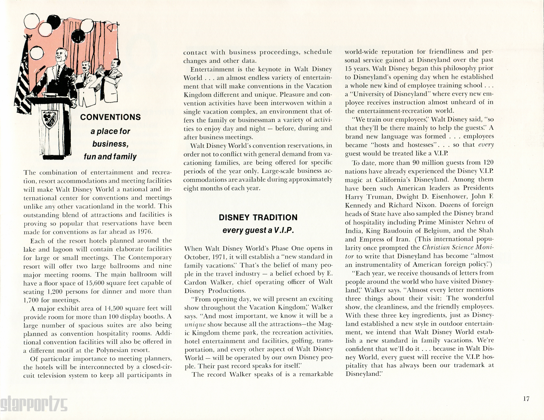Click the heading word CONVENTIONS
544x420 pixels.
[110, 117]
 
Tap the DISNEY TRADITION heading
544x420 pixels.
[258, 217]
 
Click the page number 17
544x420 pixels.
[526, 399]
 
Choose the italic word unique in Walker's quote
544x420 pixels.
[195, 324]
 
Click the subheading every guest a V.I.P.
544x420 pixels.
[258, 230]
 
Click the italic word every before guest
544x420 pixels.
[486, 144]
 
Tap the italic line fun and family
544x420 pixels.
[110, 156]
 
